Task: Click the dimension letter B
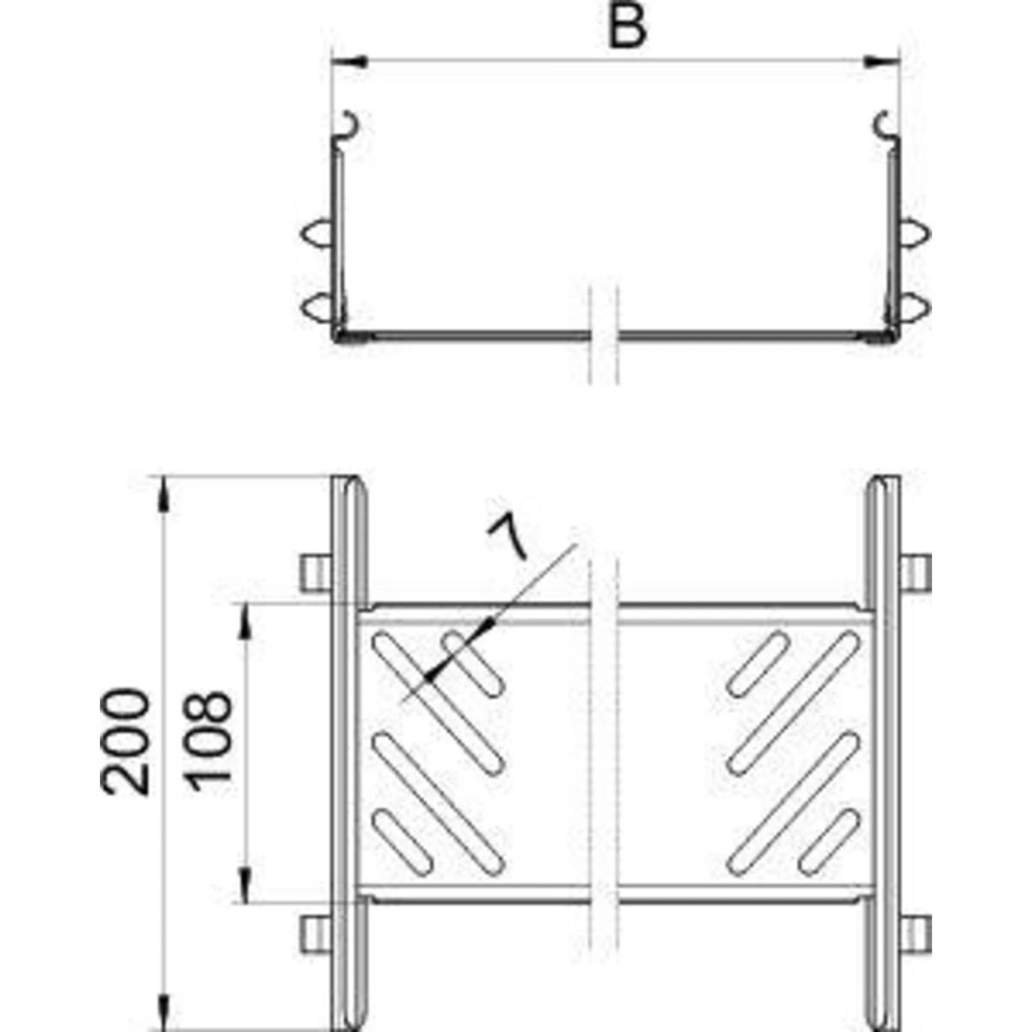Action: coord(627,27)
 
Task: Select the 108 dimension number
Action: coord(211,741)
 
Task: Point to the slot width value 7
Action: coord(507,535)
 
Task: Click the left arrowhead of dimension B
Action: coord(348,62)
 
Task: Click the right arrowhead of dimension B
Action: coord(882,62)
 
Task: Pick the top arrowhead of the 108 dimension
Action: coord(245,622)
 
